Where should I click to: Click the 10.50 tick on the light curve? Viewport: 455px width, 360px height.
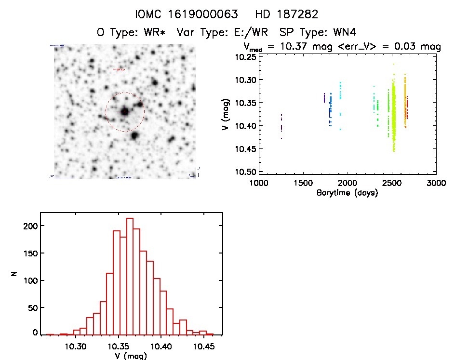pyautogui.click(x=245, y=172)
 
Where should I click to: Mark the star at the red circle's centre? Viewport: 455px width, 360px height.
pyautogui.click(x=125, y=112)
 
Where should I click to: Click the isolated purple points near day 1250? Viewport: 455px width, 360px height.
pyautogui.click(x=281, y=126)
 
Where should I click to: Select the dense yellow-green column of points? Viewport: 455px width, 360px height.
pyautogui.click(x=394, y=118)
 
